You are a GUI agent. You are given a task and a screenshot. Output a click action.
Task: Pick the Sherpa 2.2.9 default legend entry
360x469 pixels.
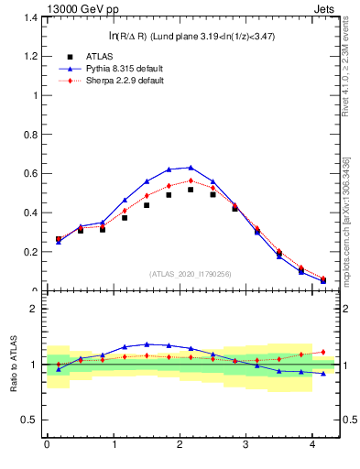point(121,81)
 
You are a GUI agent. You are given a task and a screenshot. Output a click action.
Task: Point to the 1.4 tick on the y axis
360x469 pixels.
point(30,17)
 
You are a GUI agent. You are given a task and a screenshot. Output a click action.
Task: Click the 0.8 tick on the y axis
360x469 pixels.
point(30,135)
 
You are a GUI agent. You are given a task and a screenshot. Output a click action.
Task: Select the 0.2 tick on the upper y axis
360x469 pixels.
point(30,252)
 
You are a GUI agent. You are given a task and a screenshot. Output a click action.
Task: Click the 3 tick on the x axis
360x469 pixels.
point(246,445)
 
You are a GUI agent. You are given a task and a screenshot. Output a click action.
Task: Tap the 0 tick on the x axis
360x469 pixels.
point(47,445)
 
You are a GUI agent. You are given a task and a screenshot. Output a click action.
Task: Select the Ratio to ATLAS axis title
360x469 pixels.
point(13,365)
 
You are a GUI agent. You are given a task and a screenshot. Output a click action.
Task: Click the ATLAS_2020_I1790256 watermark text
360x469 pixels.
point(191,273)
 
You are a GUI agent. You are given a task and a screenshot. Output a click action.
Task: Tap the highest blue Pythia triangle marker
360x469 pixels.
point(191,168)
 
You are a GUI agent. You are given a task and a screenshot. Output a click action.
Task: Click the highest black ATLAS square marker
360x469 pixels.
point(191,190)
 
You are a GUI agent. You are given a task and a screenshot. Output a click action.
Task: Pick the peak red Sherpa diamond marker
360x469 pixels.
point(191,180)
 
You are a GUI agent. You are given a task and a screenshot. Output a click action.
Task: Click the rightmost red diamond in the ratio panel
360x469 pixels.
point(323,352)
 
